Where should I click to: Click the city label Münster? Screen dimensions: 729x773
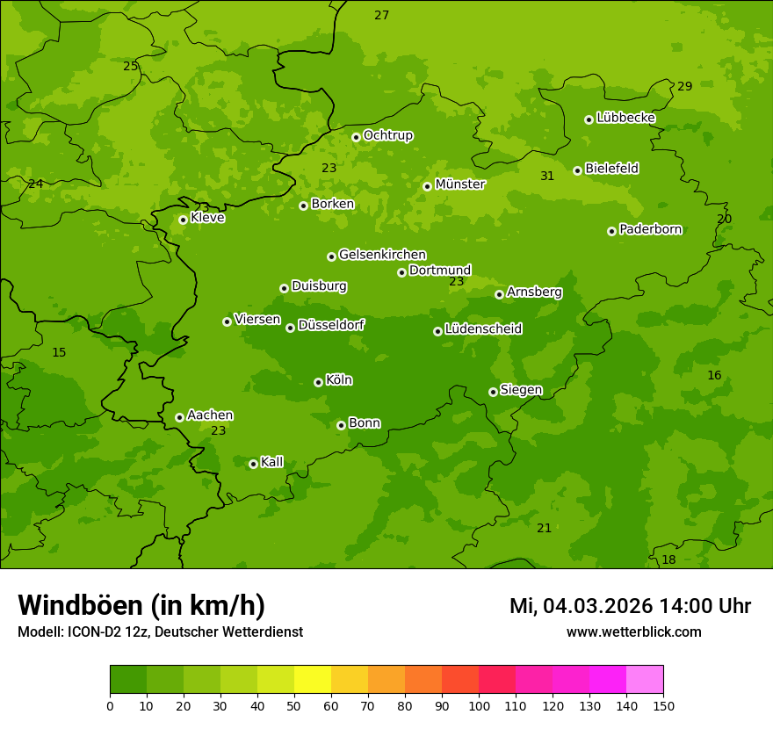coord(459,184)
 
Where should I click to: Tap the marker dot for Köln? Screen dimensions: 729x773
coord(318,382)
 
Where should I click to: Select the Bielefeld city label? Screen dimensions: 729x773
coord(611,169)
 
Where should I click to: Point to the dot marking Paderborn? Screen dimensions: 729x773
coord(611,231)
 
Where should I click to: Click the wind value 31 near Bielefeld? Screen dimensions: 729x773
coord(547,177)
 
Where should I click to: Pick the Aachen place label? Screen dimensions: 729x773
coord(210,415)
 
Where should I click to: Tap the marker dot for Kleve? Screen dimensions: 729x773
coord(183,220)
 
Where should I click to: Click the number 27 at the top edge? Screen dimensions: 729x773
coord(381,15)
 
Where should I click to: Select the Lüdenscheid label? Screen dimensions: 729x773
coord(483,329)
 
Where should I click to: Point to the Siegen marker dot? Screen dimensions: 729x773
coord(493,392)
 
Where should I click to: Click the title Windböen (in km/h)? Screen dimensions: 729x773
coord(141,605)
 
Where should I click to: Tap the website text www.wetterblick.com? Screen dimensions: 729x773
coord(633,632)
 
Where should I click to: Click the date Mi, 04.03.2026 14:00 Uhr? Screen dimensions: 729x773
coord(630,606)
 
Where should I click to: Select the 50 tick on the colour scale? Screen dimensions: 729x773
coord(294,705)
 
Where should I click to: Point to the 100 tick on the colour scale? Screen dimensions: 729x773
coord(479,705)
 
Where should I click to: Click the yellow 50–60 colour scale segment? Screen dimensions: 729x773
coord(313,680)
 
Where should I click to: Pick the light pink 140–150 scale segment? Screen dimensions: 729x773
coord(645,680)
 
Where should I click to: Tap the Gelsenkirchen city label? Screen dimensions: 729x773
coord(382,255)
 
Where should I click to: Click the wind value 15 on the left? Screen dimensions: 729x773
coord(59,352)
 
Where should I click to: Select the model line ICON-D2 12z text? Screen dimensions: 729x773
coord(160,632)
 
